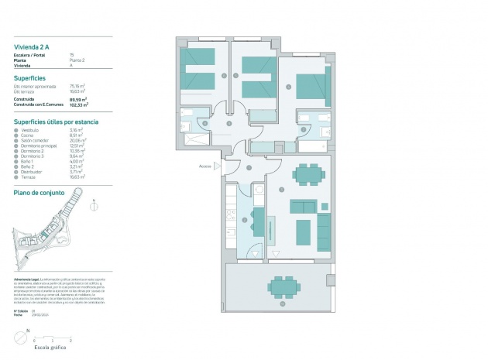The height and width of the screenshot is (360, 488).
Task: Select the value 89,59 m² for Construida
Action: click(79, 99)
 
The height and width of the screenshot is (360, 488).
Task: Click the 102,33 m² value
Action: click(79, 105)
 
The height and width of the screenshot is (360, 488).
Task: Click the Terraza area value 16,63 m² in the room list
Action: click(78, 177)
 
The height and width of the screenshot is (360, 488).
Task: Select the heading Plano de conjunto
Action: click(39, 191)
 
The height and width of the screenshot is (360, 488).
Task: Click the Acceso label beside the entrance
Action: click(204, 166)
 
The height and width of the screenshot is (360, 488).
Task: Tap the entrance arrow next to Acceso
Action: click(218, 166)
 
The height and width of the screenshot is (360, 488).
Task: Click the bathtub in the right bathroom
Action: click(314, 145)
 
